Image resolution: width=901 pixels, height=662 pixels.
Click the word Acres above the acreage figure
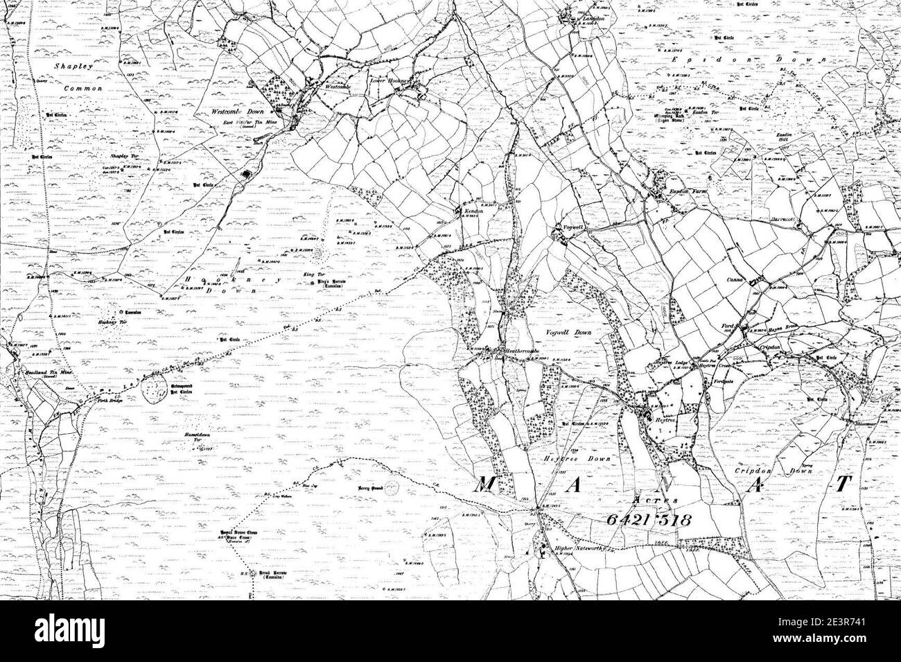coord(652,500)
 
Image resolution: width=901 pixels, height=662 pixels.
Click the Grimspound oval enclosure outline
coord(156,392)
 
